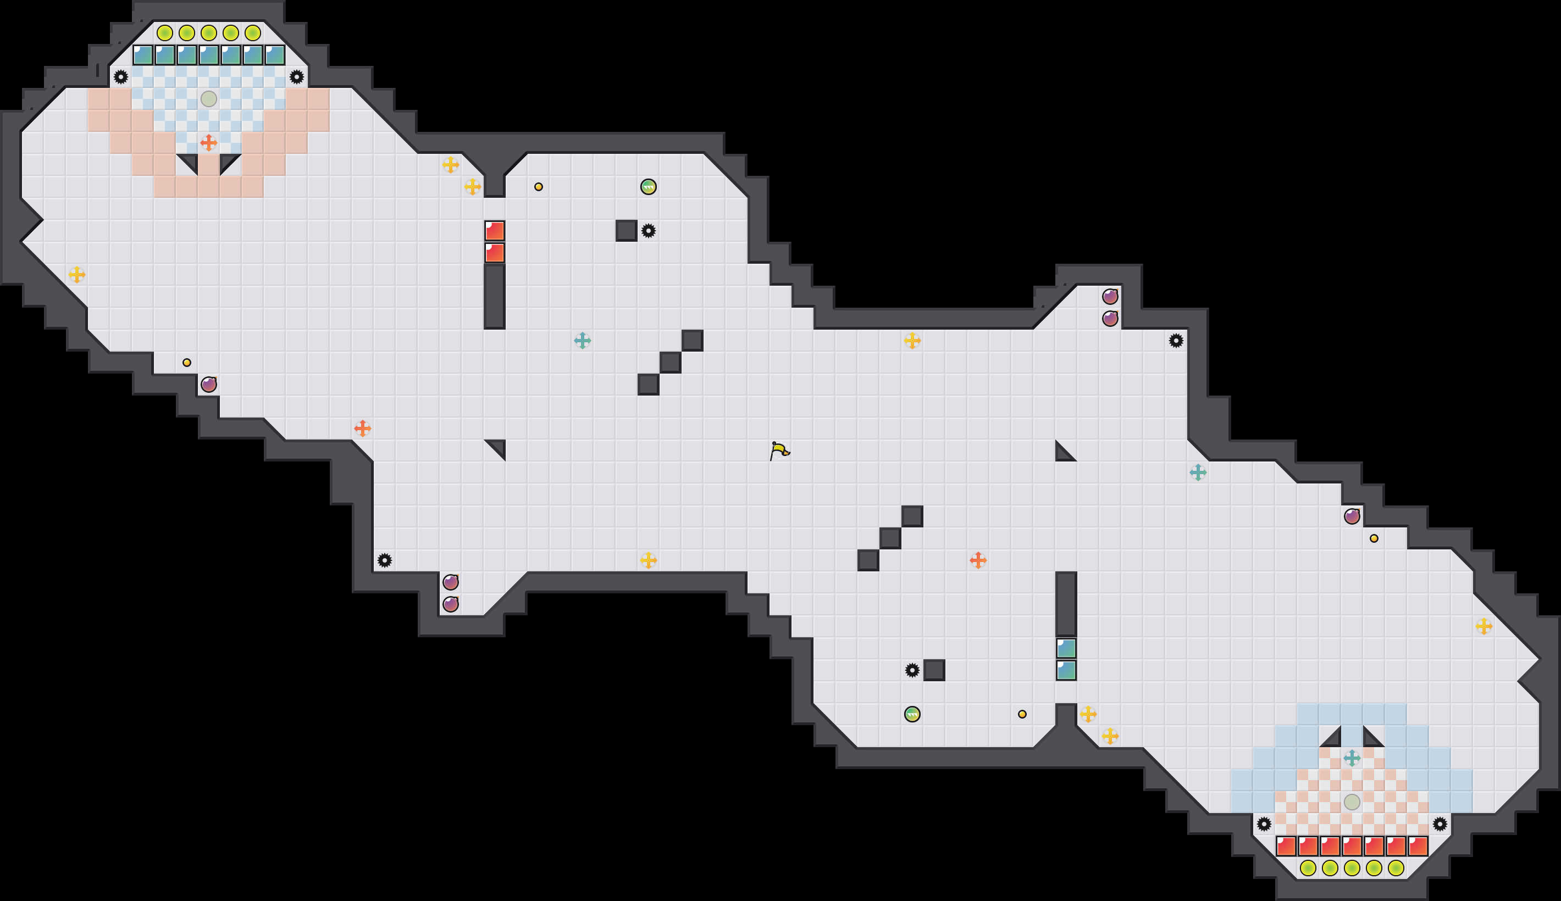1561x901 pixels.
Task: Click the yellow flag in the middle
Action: pyautogui.click(x=779, y=450)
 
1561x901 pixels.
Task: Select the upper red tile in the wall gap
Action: pyautogui.click(x=495, y=231)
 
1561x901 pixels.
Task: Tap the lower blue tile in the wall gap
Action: pyautogui.click(x=1066, y=670)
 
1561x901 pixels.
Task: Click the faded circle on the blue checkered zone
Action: pyautogui.click(x=208, y=98)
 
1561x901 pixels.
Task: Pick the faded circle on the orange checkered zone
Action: pyautogui.click(x=1352, y=802)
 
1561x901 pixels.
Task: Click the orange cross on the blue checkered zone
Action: pyautogui.click(x=208, y=143)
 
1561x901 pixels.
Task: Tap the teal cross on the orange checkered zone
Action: pyautogui.click(x=1352, y=758)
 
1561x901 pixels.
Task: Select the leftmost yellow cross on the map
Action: pyautogui.click(x=77, y=274)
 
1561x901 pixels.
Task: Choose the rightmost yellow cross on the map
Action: pyautogui.click(x=1483, y=626)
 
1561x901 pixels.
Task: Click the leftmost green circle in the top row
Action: pyautogui.click(x=165, y=33)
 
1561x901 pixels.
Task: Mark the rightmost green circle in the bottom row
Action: pyautogui.click(x=1396, y=868)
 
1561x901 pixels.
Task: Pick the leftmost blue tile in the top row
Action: pyautogui.click(x=143, y=55)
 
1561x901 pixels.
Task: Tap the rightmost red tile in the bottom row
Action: pyautogui.click(x=1418, y=846)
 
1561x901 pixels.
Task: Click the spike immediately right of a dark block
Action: pyautogui.click(x=648, y=231)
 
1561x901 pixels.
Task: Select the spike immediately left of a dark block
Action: pyautogui.click(x=912, y=670)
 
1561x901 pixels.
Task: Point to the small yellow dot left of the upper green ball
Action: pyautogui.click(x=539, y=187)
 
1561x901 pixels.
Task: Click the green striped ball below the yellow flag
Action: pyautogui.click(x=912, y=714)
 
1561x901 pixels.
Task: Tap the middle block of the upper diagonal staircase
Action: pyautogui.click(x=671, y=363)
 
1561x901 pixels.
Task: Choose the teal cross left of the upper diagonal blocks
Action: pyautogui.click(x=583, y=341)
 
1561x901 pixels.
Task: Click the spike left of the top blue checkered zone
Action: pyautogui.click(x=121, y=77)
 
